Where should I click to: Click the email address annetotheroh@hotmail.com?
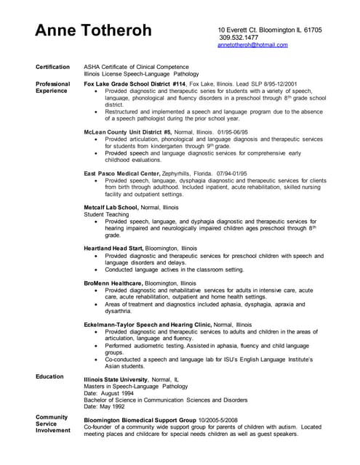tap(252, 44)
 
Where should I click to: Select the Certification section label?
tap(52, 67)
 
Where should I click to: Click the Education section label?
tap(50, 376)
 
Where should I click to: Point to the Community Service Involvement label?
tap(52, 424)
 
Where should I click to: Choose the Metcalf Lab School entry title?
tap(113, 207)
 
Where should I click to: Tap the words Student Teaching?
tap(105, 214)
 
